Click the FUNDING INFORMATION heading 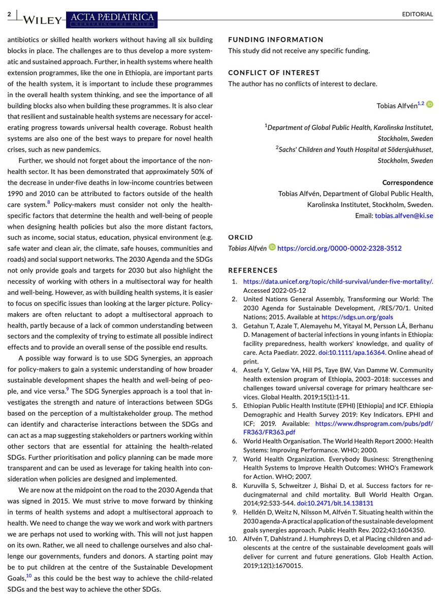[275, 40]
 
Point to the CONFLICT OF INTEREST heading [274, 73]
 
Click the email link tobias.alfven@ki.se [404, 216]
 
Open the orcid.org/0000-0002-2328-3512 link [339, 248]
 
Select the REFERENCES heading [253, 270]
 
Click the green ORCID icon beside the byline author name [430, 104]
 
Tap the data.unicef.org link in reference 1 [338, 282]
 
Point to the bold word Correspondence [407, 182]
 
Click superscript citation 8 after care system [49, 202]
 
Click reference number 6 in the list [234, 441]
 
